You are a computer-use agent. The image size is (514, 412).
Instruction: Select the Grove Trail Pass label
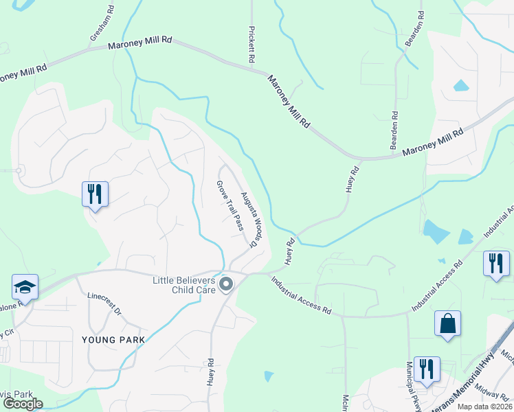click(x=230, y=205)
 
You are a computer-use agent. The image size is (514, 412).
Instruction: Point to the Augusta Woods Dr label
click(x=252, y=218)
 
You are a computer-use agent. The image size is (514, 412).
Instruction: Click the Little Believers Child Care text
click(x=184, y=285)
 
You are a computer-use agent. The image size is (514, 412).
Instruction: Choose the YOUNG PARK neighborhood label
click(x=113, y=340)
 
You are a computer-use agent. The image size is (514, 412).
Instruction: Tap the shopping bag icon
click(x=447, y=323)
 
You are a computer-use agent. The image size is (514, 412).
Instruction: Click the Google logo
click(x=23, y=404)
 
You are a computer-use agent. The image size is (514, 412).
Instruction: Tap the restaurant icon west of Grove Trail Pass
click(x=95, y=194)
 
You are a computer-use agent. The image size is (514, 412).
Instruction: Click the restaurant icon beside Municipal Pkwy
click(x=427, y=371)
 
